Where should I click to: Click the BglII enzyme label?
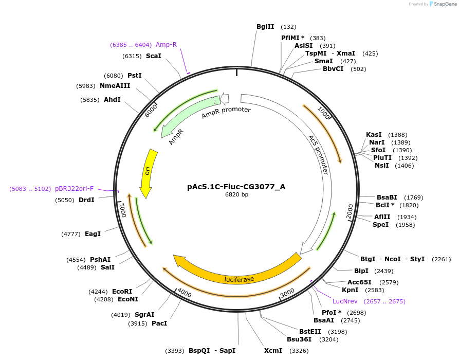(265, 27)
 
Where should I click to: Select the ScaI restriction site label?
(153, 56)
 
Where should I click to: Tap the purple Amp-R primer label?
(166, 45)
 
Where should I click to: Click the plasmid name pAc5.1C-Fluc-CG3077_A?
(236, 187)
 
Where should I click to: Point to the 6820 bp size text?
(236, 194)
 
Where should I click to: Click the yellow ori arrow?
(148, 172)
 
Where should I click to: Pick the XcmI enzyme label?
(273, 350)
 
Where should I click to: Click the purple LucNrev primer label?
(344, 301)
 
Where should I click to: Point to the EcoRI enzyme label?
(122, 291)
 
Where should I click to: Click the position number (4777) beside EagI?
(71, 234)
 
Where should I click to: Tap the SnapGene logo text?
(445, 4)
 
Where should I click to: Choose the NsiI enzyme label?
(382, 165)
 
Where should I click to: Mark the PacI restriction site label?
(159, 323)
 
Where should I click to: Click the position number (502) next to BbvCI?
(358, 69)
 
